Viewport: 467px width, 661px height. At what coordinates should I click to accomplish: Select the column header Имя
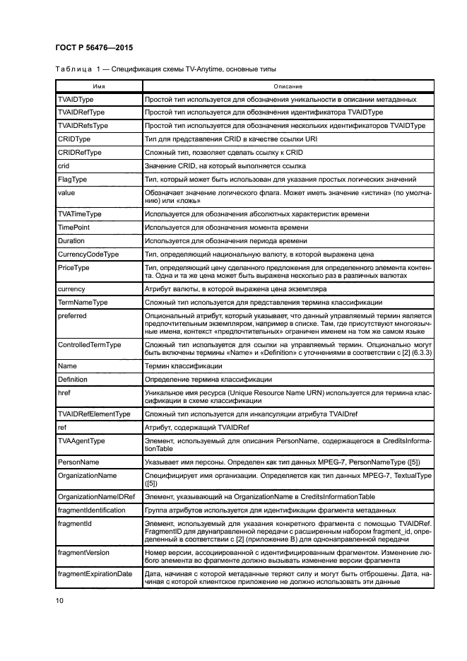point(99,86)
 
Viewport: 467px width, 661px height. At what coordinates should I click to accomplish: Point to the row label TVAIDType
point(76,100)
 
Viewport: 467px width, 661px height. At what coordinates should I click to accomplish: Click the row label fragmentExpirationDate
point(95,574)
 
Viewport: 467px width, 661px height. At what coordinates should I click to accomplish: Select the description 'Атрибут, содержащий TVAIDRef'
point(196,427)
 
